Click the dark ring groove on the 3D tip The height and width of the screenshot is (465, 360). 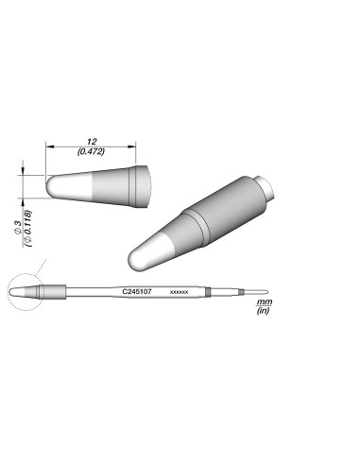click(193, 223)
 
